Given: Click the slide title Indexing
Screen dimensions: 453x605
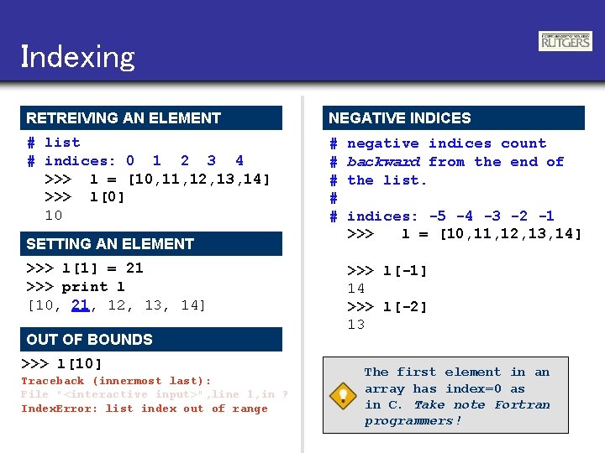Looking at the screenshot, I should coord(77,57).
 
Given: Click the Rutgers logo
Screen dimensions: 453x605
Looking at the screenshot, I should coord(565,41).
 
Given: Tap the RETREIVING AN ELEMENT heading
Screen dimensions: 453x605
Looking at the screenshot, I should coord(124,118).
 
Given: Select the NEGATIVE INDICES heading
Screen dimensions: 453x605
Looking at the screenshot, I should coord(400,118).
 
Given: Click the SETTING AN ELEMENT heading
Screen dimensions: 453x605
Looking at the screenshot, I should coord(110,244).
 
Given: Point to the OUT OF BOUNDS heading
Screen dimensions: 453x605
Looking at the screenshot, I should coord(90,340).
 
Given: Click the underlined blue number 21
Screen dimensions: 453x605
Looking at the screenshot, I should coord(81,305).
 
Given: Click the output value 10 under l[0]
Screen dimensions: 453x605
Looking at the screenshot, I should coord(53,216).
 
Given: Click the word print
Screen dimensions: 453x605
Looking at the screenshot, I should coord(84,287).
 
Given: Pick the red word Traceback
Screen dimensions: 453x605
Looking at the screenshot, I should coord(52,381).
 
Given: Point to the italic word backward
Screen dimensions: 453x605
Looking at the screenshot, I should coord(383,162).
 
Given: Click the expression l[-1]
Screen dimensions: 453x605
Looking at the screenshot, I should coord(405,271).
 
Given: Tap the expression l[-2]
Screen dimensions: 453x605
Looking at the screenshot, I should coord(405,307).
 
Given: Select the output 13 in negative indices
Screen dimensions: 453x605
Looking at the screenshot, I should coord(356,325).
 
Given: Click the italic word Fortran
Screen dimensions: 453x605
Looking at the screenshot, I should coord(522,405).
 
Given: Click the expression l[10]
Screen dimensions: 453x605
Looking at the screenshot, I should coord(79,364).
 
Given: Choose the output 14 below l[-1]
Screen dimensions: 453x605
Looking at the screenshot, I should coord(356,289).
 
